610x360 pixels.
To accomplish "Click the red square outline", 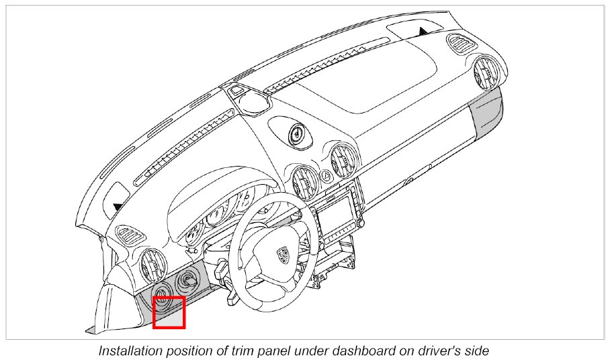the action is pyautogui.click(x=169, y=312).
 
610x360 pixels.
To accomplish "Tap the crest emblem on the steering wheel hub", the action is pyautogui.click(x=282, y=254).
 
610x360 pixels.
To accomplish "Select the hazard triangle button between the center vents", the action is pyautogui.click(x=326, y=176).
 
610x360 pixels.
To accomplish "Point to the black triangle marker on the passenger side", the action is pyautogui.click(x=423, y=30).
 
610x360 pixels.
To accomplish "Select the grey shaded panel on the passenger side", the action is pyautogui.click(x=486, y=111).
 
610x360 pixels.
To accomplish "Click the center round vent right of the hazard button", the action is pyautogui.click(x=345, y=159).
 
